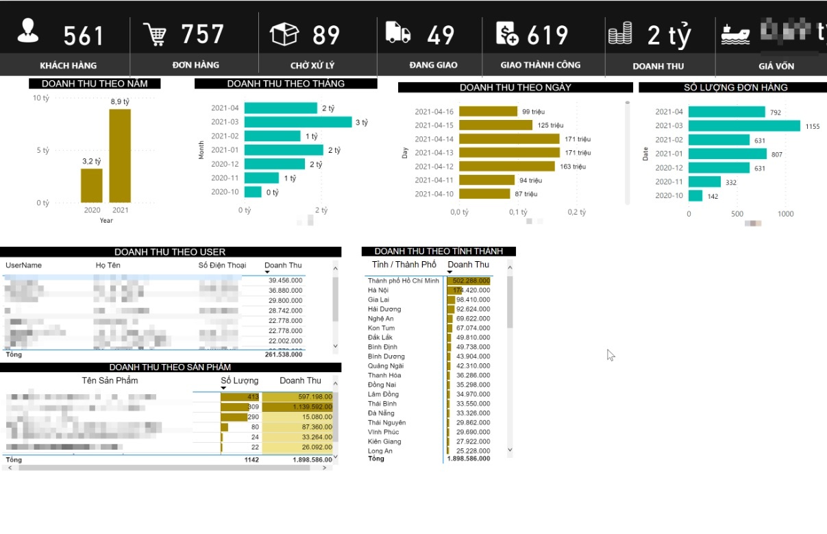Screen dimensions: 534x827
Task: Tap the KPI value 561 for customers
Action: click(x=84, y=36)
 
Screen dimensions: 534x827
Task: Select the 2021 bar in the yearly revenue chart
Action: click(x=120, y=156)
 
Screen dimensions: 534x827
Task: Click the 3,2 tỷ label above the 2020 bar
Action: click(x=92, y=161)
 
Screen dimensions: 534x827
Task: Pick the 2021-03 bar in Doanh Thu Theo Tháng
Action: click(x=297, y=122)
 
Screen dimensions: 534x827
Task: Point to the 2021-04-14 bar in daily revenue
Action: click(x=509, y=139)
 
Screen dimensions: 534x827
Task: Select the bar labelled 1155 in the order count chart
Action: click(x=744, y=126)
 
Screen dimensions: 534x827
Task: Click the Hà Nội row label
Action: click(x=378, y=291)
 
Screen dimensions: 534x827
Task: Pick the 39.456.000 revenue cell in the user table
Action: click(x=286, y=280)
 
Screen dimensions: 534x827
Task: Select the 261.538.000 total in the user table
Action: click(x=284, y=355)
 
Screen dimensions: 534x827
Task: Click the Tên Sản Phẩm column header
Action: click(x=110, y=380)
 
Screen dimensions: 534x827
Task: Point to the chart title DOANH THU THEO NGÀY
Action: click(x=515, y=88)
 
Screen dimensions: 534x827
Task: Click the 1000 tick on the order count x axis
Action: click(x=785, y=214)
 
